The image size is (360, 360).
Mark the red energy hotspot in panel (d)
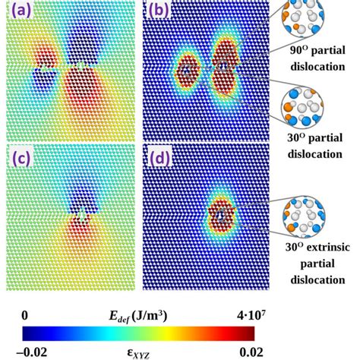coord(221,216)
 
